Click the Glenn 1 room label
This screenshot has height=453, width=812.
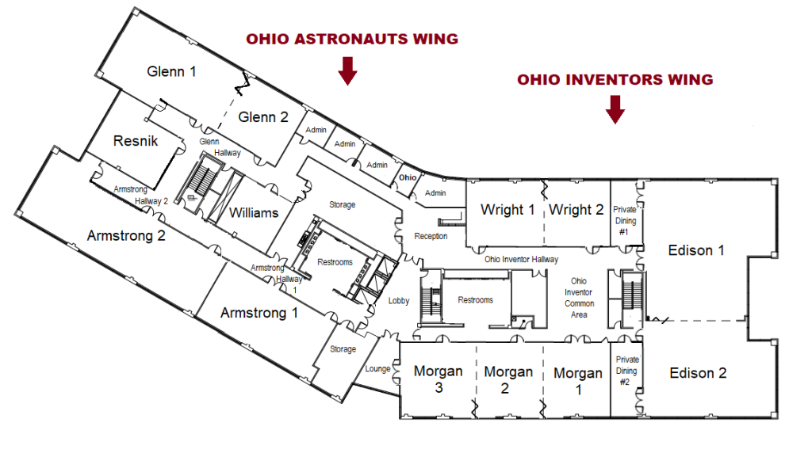[x=172, y=71]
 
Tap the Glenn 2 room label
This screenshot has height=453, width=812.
[x=263, y=117]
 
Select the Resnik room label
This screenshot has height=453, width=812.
[x=136, y=141]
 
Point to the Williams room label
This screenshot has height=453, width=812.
[x=254, y=212]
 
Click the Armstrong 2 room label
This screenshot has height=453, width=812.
[x=126, y=235]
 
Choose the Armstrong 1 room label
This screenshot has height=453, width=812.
[x=259, y=313]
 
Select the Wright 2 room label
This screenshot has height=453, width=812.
[x=576, y=210]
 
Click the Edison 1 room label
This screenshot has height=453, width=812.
[x=697, y=250]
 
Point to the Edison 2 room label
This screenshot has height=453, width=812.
[x=698, y=373]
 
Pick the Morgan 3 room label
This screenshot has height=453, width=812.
[x=438, y=379]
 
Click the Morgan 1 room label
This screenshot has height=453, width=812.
[x=577, y=381]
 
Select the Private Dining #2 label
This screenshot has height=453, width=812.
[x=625, y=371]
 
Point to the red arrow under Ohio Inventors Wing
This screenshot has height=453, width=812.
[x=615, y=109]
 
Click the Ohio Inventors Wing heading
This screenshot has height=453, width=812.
[x=615, y=80]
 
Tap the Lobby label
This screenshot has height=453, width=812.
[x=399, y=301]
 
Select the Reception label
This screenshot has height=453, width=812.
[x=431, y=236]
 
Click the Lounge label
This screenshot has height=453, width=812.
[x=378, y=369]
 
